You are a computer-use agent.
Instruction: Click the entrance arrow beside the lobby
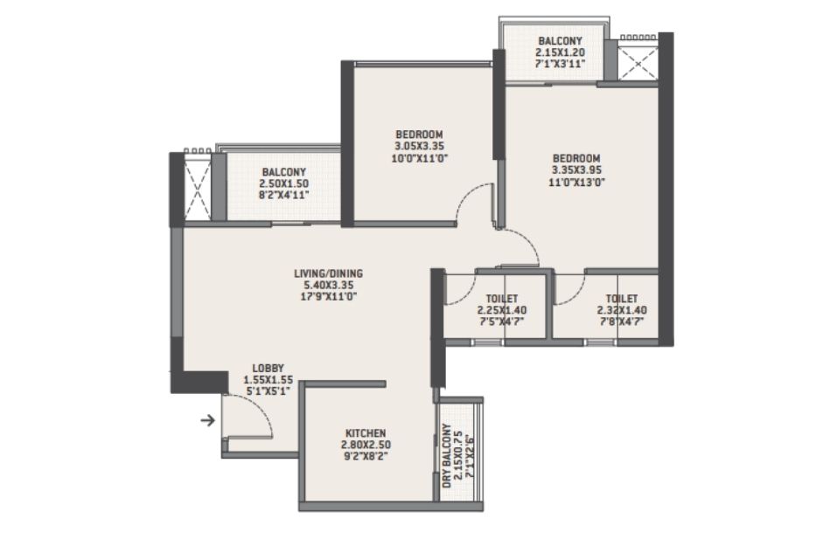[207, 421]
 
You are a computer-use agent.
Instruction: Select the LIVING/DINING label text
[328, 273]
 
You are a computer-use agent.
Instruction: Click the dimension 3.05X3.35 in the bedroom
[419, 146]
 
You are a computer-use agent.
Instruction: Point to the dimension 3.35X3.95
[576, 170]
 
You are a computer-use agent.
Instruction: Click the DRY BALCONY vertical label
[446, 456]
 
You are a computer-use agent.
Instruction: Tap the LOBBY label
[268, 368]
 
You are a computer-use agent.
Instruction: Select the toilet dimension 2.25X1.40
[502, 310]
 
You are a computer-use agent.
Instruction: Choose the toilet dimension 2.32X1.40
[621, 310]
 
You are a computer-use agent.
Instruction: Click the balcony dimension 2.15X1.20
[560, 52]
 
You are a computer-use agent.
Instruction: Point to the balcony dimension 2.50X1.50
[283, 183]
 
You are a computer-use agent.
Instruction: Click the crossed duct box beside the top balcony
[638, 64]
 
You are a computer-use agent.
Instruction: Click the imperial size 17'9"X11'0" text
[328, 296]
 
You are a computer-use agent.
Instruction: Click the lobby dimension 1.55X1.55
[268, 380]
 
